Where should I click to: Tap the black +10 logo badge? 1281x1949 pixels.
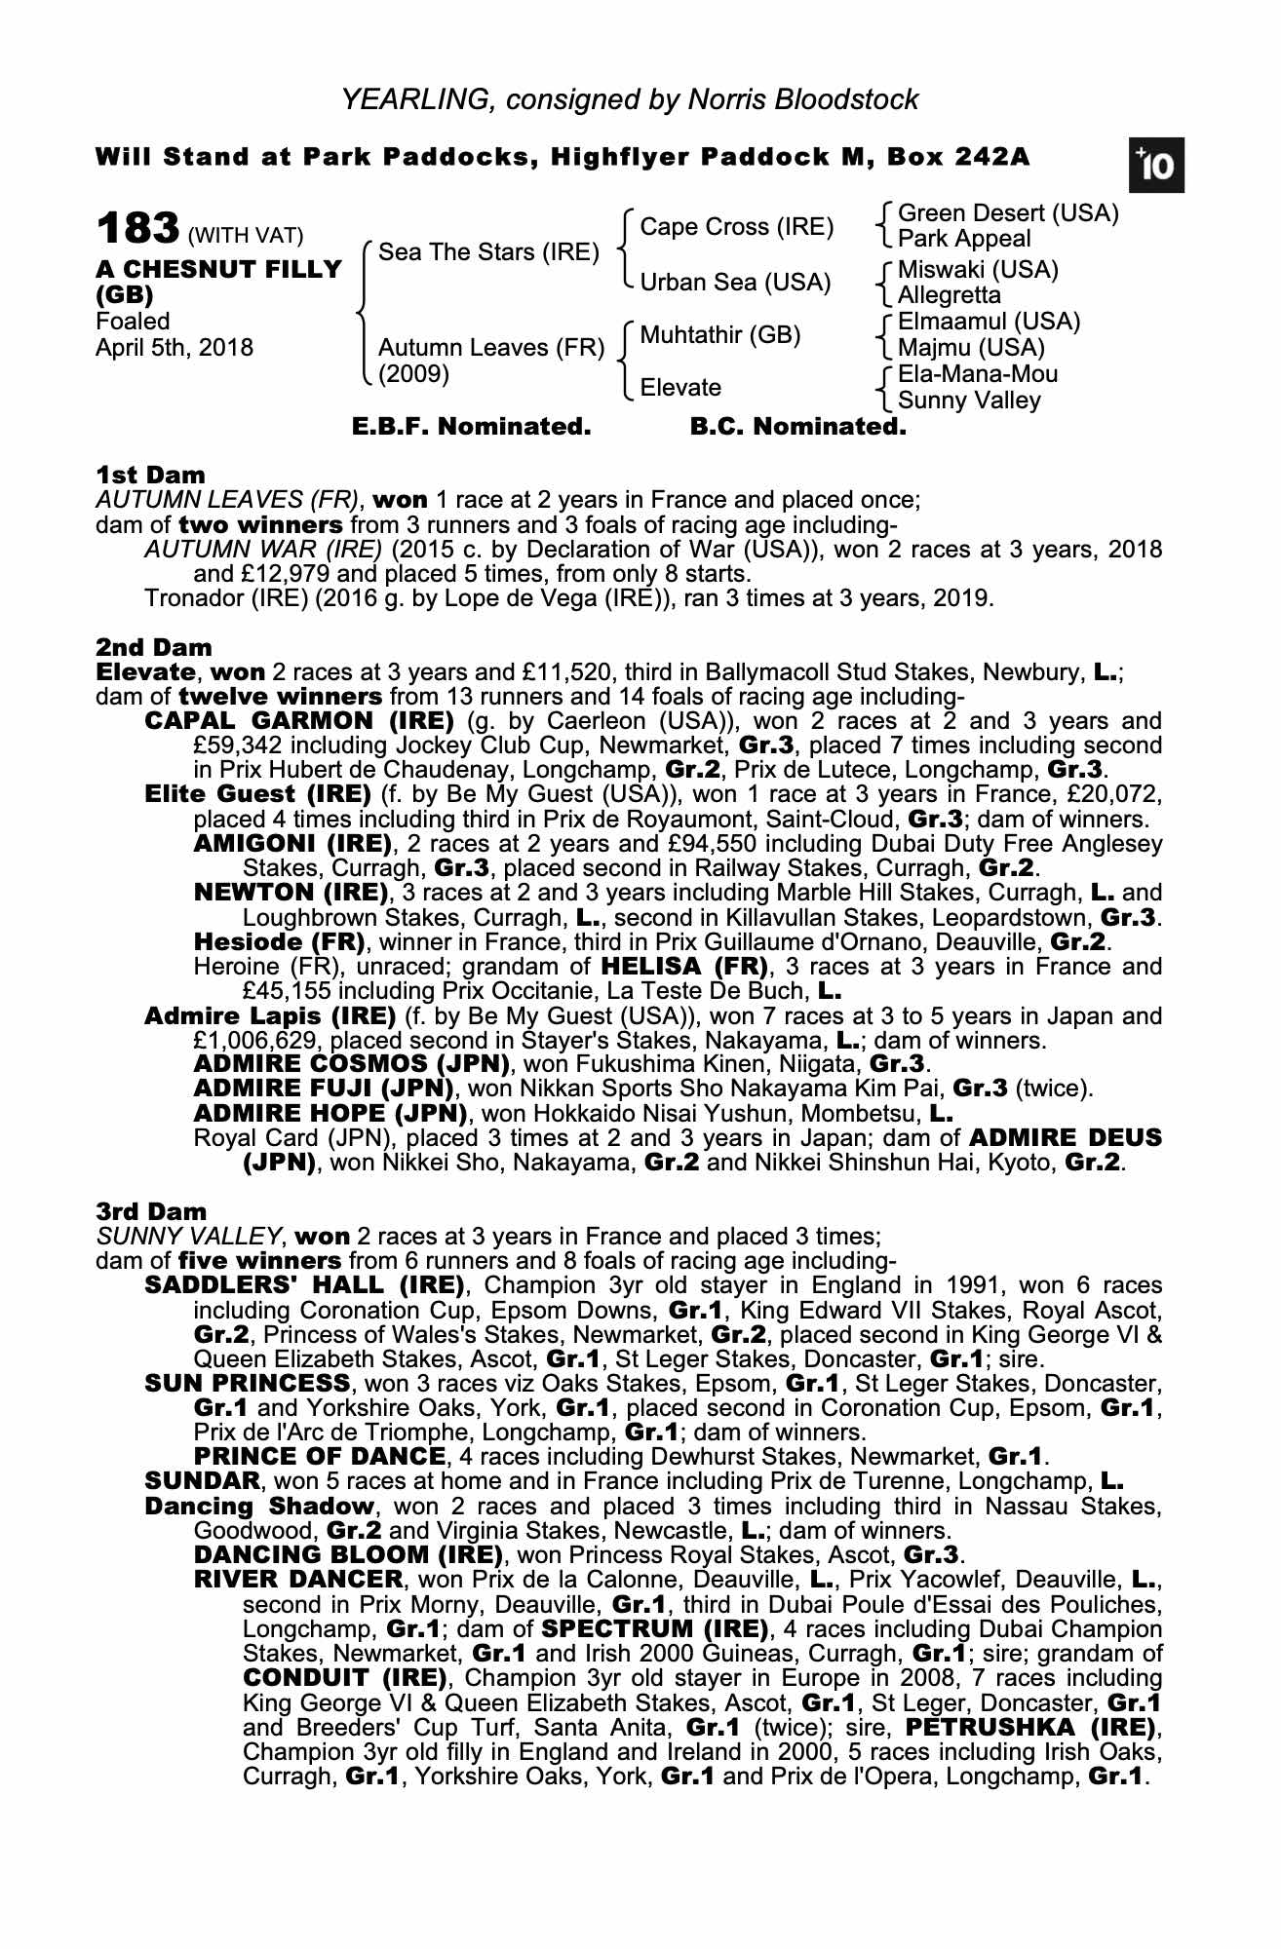click(1156, 167)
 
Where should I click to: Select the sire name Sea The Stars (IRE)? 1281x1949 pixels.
click(488, 252)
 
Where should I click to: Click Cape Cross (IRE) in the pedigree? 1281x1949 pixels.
click(736, 227)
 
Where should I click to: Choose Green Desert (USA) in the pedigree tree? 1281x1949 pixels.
click(1007, 213)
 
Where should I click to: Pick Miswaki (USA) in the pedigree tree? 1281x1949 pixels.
click(978, 269)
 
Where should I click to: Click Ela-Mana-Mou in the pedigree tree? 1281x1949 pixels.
click(977, 374)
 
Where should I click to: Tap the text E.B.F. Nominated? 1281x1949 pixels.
click(471, 427)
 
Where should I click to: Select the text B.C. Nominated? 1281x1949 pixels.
click(797, 427)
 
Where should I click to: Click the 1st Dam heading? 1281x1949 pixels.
click(150, 476)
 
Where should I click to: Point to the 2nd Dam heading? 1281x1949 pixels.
click(153, 647)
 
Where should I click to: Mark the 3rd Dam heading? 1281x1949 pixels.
click(151, 1211)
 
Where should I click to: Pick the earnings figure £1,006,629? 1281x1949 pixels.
click(256, 1041)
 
